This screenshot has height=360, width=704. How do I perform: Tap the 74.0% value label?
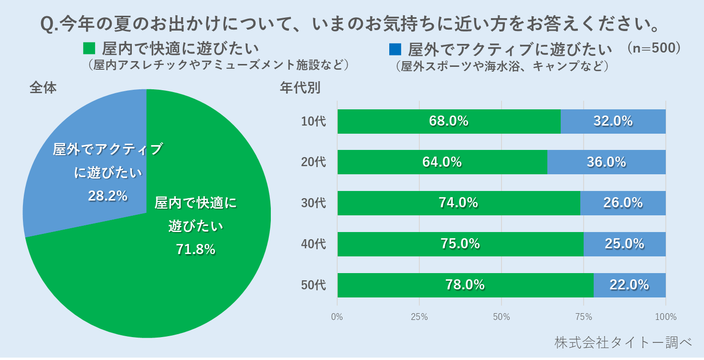tap(459, 203)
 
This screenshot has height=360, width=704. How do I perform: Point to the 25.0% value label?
tap(624, 244)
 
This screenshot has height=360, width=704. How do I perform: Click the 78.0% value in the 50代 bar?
tap(465, 285)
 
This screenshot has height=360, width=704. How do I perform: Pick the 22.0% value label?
tap(629, 285)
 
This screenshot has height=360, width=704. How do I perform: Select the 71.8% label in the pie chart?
tap(195, 249)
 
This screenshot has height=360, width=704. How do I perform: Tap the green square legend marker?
tap(89, 49)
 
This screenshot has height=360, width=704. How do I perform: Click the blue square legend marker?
tap(395, 49)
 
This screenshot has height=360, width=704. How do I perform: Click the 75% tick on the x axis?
tap(584, 317)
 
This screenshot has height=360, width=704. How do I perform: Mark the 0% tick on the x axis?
tap(337, 317)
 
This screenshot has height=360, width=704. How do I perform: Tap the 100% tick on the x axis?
tap(666, 317)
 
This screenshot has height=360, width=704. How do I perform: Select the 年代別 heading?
tap(300, 88)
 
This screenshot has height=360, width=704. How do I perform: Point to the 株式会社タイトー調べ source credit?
tap(623, 342)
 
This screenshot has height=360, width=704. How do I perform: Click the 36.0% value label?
tap(606, 162)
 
